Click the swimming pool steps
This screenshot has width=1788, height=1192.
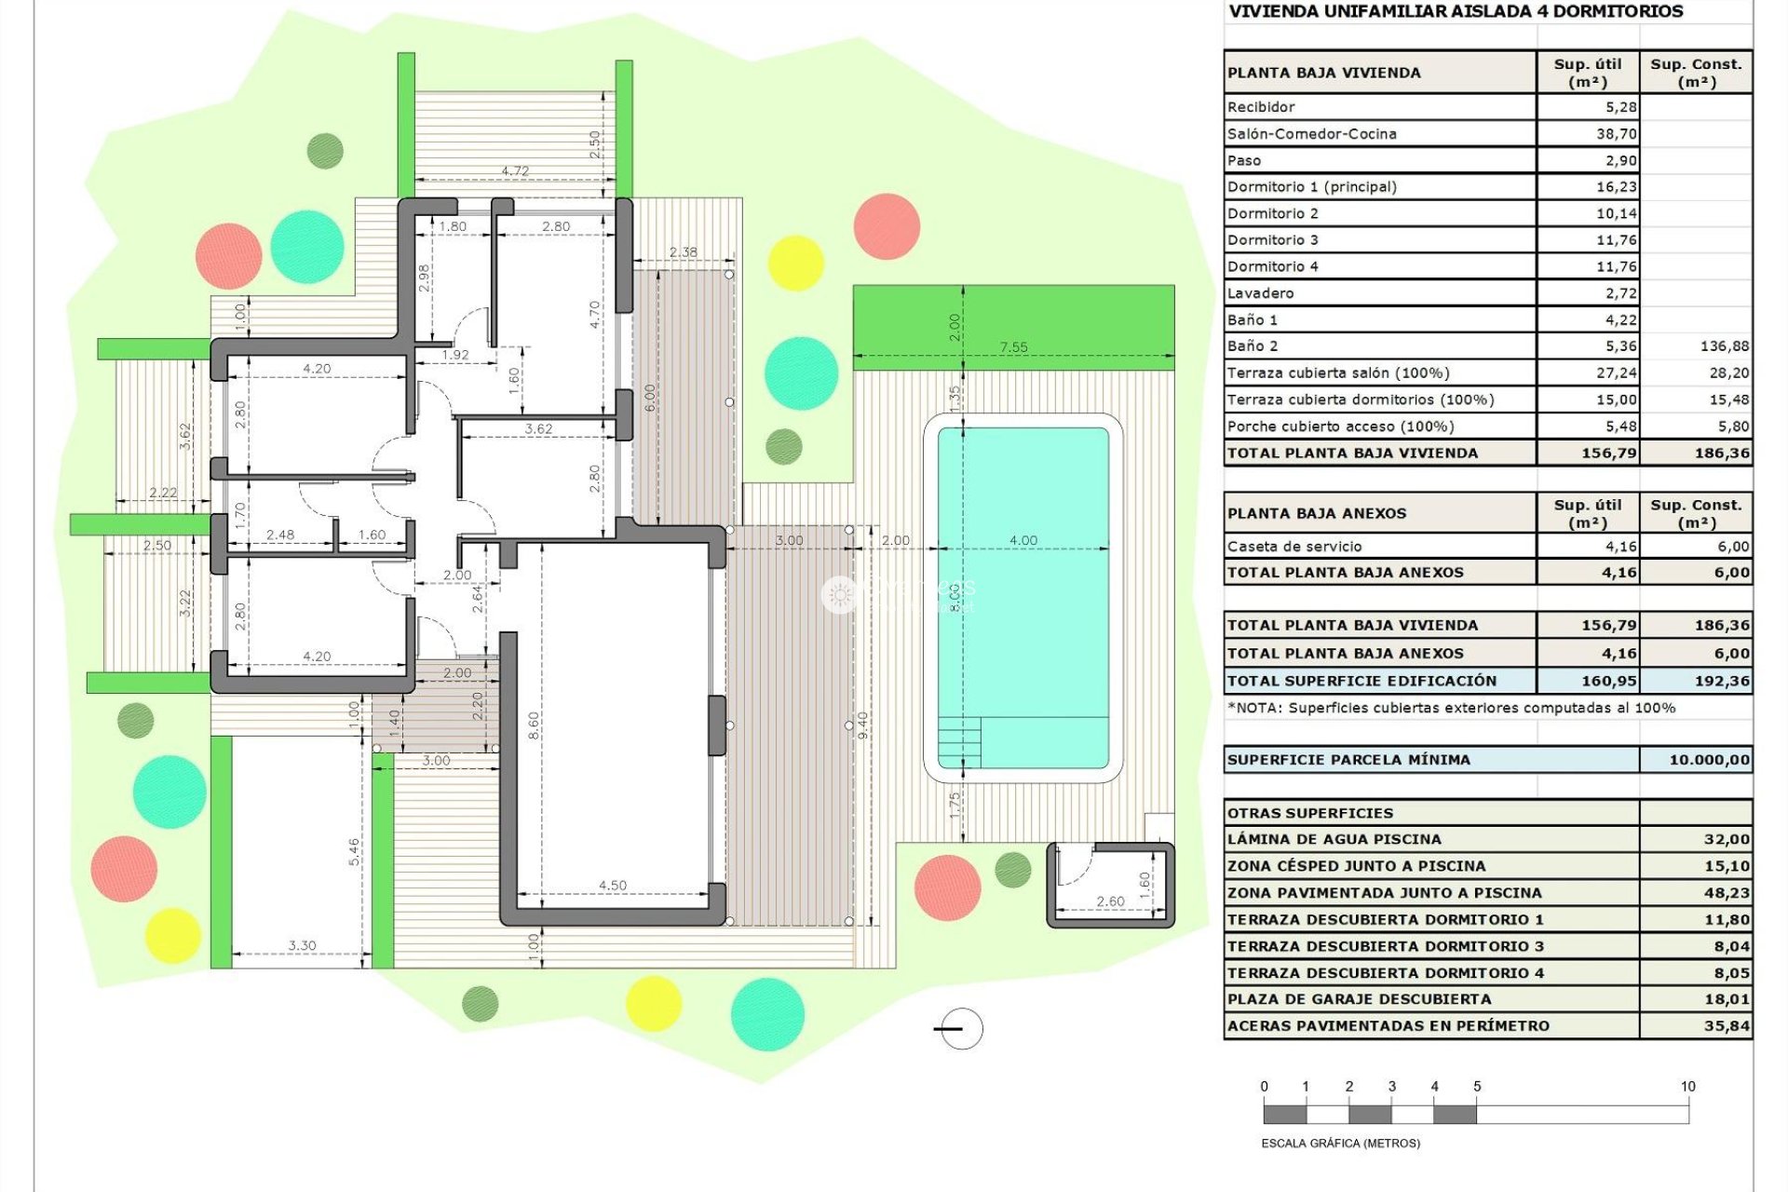click(x=959, y=741)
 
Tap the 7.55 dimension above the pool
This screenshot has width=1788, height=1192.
click(x=1013, y=347)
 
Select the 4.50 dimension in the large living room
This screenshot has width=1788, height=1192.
click(x=613, y=886)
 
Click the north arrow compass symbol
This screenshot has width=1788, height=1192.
click(x=960, y=1029)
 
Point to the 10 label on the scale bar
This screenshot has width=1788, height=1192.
click(x=1687, y=1087)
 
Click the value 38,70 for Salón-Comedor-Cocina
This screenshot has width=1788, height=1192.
click(x=1616, y=134)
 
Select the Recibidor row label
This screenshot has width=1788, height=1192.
click(x=1261, y=107)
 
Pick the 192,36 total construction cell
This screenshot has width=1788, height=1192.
click(x=1721, y=681)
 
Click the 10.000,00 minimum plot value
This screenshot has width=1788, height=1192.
click(x=1708, y=760)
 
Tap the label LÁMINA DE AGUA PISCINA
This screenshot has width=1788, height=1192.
click(x=1334, y=839)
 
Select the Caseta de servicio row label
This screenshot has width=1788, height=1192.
click(x=1294, y=547)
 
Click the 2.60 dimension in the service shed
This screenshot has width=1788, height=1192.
click(x=1110, y=901)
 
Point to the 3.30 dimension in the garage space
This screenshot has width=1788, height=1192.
click(x=302, y=945)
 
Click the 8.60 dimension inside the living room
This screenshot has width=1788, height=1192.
click(x=534, y=725)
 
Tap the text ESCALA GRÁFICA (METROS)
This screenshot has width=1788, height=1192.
click(x=1340, y=1143)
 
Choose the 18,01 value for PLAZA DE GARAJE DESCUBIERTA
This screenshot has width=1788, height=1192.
click(x=1727, y=999)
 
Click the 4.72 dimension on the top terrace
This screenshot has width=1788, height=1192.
click(x=515, y=171)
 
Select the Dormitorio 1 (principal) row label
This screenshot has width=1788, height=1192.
click(x=1311, y=187)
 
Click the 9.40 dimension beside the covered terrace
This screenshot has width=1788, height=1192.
click(x=862, y=725)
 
